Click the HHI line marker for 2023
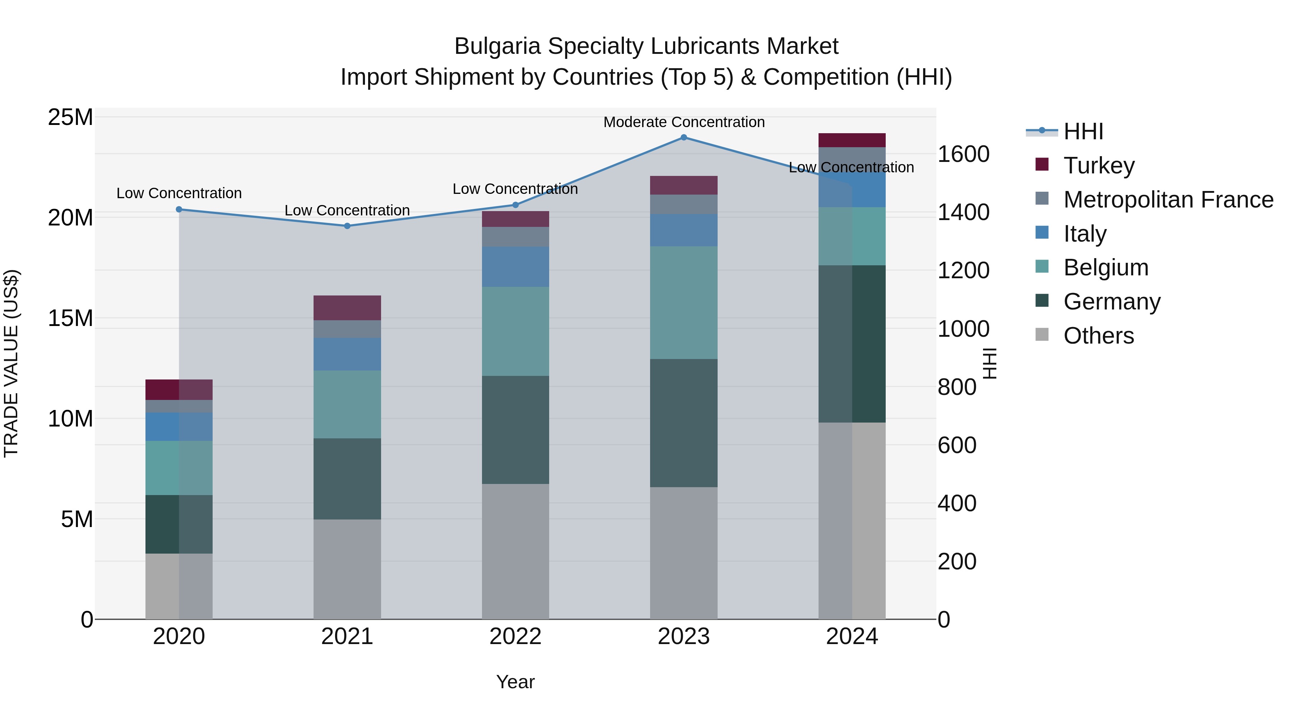(x=683, y=137)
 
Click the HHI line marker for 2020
(x=179, y=209)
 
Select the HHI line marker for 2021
(x=347, y=226)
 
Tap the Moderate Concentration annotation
(x=683, y=122)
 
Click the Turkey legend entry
(x=1099, y=165)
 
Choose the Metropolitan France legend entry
(x=1168, y=199)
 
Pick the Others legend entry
(x=1098, y=335)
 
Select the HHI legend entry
(x=1083, y=131)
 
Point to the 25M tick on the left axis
(x=70, y=117)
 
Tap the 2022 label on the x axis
(x=515, y=637)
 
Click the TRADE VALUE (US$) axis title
(x=11, y=363)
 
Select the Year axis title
(x=515, y=682)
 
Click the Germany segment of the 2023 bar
(x=683, y=423)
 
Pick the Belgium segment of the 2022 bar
(x=515, y=331)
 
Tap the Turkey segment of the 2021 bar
(x=347, y=308)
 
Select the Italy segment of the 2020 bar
(x=179, y=427)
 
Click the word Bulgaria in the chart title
(x=497, y=46)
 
